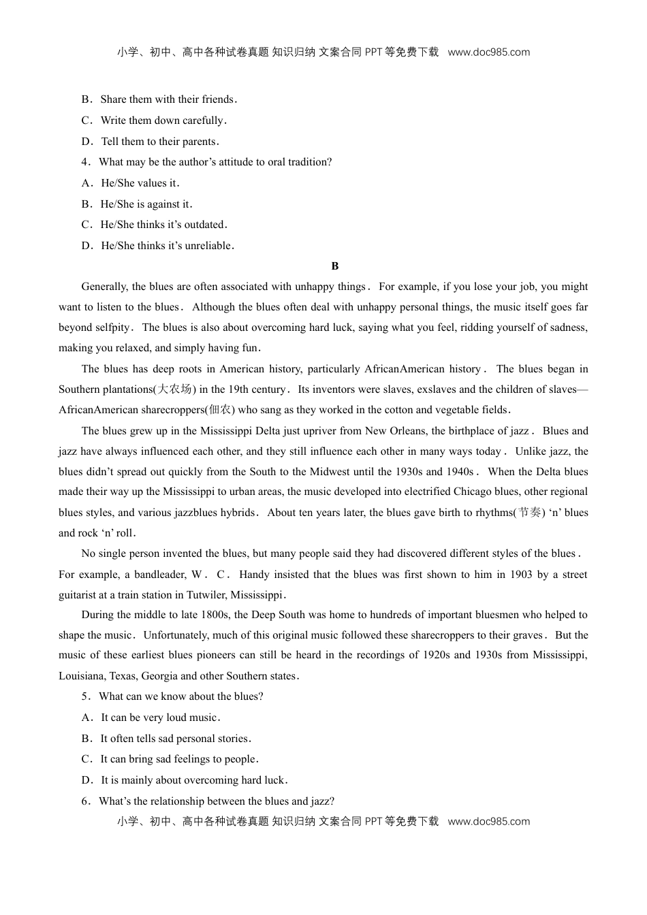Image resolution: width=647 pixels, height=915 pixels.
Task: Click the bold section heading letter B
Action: click(334, 266)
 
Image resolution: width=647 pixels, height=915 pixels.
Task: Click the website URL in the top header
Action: click(488, 52)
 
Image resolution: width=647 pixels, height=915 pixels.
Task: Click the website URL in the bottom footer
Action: click(488, 822)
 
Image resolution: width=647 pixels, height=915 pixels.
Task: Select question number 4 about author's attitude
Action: click(215, 162)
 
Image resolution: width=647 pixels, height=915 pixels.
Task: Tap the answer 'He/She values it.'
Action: click(140, 183)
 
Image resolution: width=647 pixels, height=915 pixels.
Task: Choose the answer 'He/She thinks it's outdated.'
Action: click(163, 225)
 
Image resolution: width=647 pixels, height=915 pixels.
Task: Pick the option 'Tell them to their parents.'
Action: click(159, 142)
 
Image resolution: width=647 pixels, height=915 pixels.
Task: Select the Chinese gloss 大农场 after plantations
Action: click(174, 389)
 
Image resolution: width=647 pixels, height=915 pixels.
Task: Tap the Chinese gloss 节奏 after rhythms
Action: click(530, 513)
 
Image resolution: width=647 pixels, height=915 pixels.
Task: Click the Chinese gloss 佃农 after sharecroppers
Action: click(220, 410)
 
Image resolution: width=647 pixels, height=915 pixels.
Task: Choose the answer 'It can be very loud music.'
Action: click(160, 718)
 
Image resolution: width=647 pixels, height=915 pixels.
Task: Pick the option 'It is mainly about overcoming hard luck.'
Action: click(194, 780)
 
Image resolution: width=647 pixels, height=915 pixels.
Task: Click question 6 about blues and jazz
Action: click(216, 801)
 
